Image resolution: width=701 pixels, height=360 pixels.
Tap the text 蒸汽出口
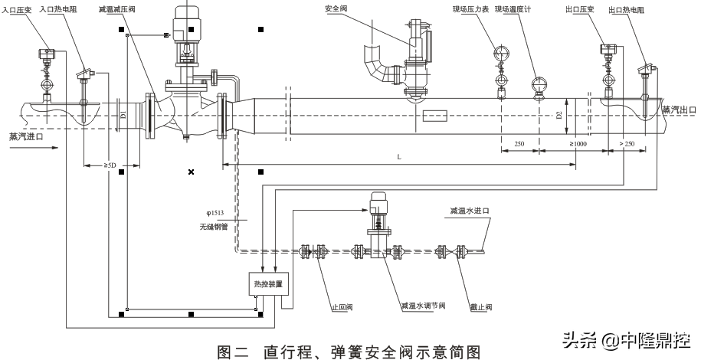click(680, 110)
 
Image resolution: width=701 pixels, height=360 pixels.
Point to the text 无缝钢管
click(209, 227)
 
